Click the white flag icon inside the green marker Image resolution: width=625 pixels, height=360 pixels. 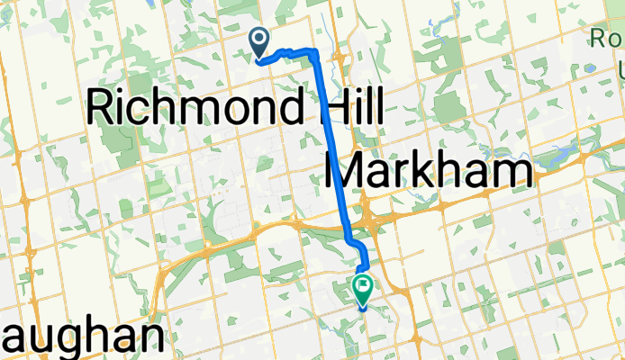[x=363, y=286]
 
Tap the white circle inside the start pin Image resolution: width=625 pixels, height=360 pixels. [x=259, y=38]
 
